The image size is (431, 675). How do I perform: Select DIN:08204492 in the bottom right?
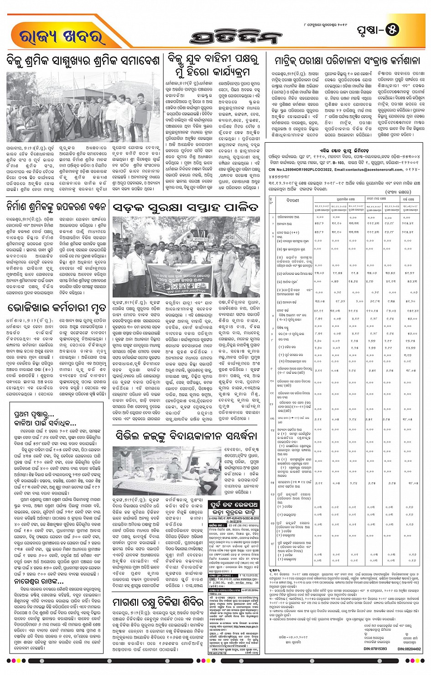(x=409, y=649)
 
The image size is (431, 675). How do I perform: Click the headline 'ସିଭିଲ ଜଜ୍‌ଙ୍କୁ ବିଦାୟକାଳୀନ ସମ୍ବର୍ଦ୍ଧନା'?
(x=186, y=436)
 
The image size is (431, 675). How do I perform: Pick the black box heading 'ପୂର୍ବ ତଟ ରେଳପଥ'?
(x=234, y=505)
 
